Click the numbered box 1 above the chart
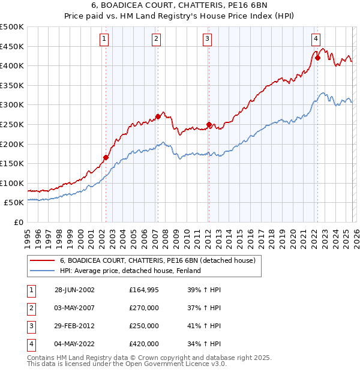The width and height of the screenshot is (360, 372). (x=104, y=40)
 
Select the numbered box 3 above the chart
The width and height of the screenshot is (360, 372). (x=207, y=40)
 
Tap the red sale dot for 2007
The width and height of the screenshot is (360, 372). (x=158, y=116)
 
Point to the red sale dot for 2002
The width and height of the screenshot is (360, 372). (x=106, y=158)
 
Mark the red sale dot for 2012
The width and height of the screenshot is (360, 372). (x=209, y=125)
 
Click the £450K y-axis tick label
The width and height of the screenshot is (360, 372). (x=12, y=46)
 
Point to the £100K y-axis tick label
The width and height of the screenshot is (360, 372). (x=12, y=183)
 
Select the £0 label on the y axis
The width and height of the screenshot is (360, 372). (x=18, y=222)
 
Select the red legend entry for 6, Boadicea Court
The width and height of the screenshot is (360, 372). (x=158, y=260)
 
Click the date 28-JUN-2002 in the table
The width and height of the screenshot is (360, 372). (x=74, y=290)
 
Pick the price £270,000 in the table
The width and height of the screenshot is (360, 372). (x=144, y=308)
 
